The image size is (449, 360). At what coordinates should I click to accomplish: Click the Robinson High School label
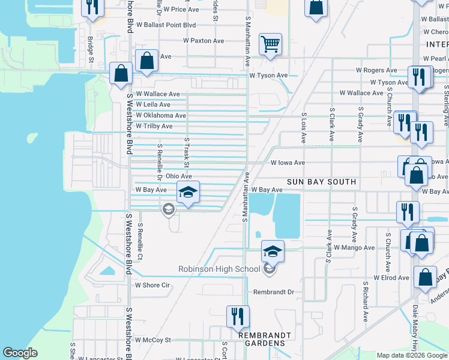[x=220, y=269]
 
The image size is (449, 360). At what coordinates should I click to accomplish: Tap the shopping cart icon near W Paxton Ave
[x=271, y=44]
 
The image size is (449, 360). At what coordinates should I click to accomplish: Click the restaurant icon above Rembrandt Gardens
[x=238, y=316]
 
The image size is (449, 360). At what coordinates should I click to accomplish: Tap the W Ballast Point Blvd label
[x=166, y=25]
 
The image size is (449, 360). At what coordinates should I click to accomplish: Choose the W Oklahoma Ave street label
[x=161, y=115]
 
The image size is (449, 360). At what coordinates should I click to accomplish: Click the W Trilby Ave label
[x=154, y=127]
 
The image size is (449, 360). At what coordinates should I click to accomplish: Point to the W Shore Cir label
[x=153, y=286]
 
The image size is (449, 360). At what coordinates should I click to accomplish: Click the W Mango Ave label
[x=354, y=247]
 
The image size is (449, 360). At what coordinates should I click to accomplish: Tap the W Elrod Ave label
[x=391, y=278]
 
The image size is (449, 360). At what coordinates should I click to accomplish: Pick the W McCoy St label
[x=153, y=340]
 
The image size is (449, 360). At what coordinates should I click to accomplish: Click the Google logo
[x=20, y=353]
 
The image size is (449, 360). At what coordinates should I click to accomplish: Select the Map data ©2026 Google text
[x=412, y=355]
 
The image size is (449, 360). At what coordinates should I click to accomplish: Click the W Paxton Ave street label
[x=203, y=41]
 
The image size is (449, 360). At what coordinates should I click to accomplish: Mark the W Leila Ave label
[x=153, y=104]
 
